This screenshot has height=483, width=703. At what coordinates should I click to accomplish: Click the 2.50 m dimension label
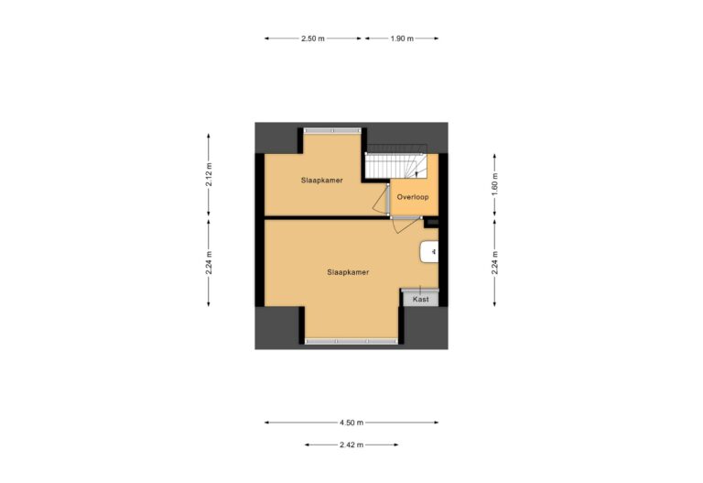pos(313,39)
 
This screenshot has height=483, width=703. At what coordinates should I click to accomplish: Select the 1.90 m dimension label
pos(401,39)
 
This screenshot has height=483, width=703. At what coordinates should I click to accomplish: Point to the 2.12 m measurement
pos(210,174)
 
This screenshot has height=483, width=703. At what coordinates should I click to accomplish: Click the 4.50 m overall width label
pos(351,423)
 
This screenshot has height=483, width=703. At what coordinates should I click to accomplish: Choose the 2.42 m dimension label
pos(351,445)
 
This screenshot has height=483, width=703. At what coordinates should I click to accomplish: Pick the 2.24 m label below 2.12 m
pos(210,262)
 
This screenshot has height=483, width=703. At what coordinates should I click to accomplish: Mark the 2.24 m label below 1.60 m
pos(495,262)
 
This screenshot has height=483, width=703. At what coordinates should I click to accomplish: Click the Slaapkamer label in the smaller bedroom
pos(321,181)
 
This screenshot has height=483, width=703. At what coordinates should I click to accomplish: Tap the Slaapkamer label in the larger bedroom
pos(348,273)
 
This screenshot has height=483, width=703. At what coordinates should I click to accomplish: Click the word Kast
pos(421,299)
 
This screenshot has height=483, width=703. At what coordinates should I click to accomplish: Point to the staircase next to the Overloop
pos(395,166)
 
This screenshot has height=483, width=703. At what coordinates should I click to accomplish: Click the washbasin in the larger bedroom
pos(429,251)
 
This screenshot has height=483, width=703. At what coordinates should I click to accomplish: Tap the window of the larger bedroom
pos(352,342)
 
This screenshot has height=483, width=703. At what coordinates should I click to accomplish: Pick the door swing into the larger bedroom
pos(404,226)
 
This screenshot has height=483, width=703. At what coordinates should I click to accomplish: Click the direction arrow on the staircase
pos(416,171)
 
